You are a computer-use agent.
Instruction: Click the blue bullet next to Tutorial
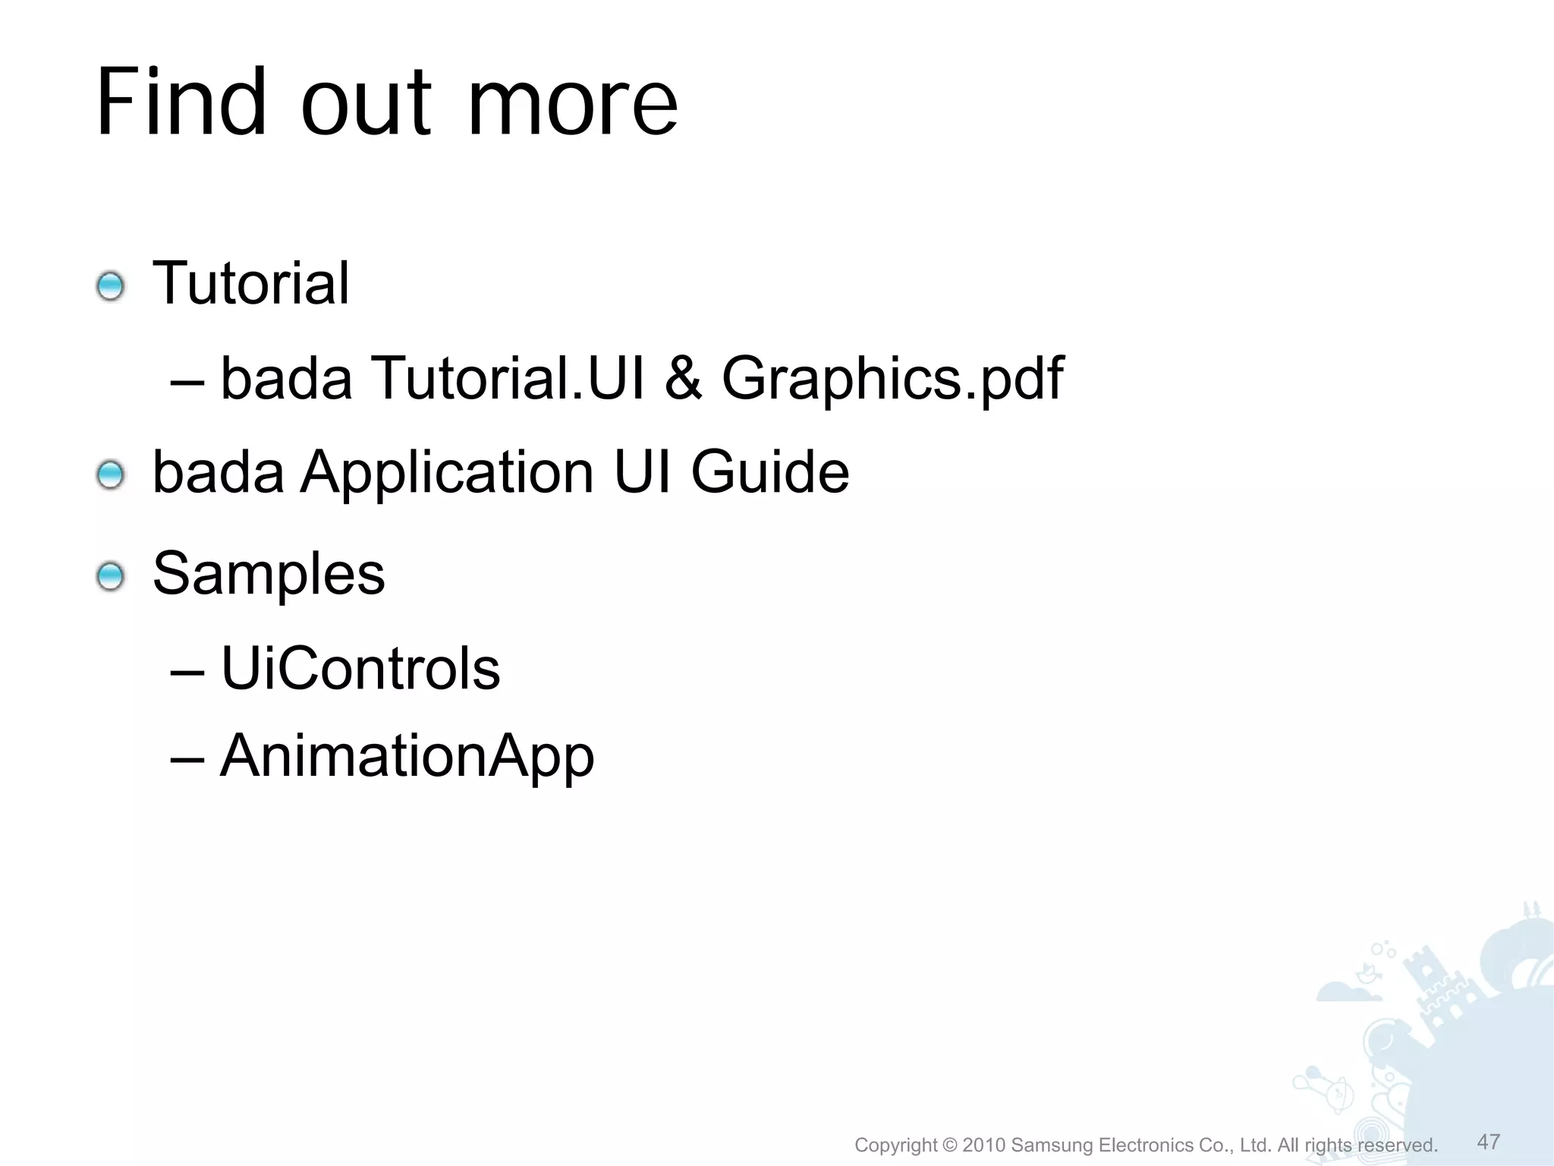coord(111,287)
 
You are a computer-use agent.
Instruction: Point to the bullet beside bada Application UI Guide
coord(111,476)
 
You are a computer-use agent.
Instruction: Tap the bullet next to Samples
coord(111,577)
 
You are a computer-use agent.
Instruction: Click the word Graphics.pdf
coord(892,380)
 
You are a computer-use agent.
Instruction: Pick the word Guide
coord(769,472)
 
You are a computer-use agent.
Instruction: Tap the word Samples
coord(269,574)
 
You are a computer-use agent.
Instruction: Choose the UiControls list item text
coord(360,669)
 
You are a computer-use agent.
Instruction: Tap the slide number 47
coord(1489,1142)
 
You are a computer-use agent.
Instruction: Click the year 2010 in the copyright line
coord(984,1146)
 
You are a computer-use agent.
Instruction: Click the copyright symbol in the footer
coord(950,1146)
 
